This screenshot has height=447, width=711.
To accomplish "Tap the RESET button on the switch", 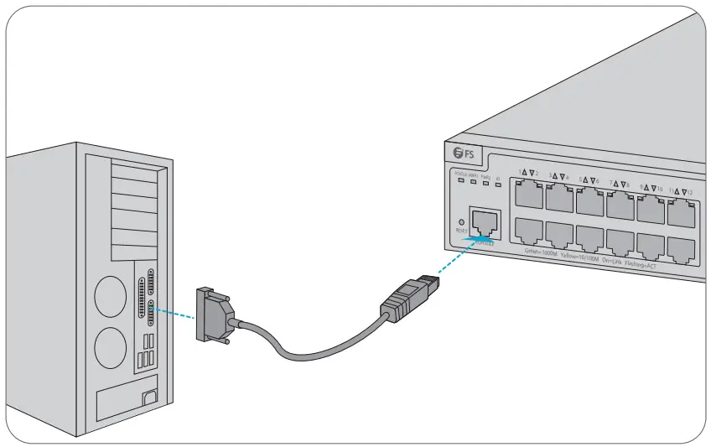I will click(x=460, y=221).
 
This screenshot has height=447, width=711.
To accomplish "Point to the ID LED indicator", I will click(x=498, y=182).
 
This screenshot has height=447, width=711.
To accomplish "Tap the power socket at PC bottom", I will click(x=150, y=398).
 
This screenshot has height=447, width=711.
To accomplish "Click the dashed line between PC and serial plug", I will click(x=176, y=313).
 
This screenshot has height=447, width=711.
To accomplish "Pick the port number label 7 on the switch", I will click(x=612, y=182).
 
